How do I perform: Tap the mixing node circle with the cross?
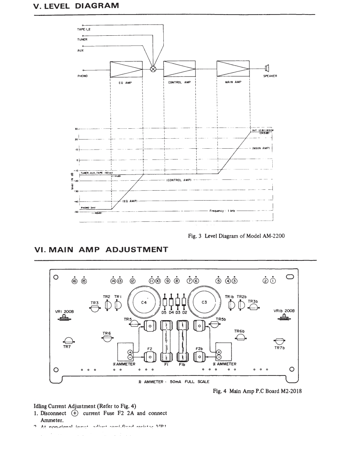(x=153, y=69)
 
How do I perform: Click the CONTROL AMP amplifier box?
(x=180, y=68)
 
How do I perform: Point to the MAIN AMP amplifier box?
(x=233, y=68)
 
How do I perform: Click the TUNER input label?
(x=82, y=39)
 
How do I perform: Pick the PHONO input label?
(x=82, y=76)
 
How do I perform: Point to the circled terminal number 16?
(x=74, y=281)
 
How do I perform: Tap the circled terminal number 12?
(x=133, y=281)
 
